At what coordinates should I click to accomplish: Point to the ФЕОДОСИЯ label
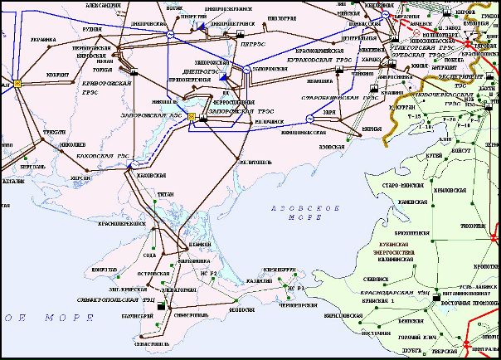(x=241, y=309)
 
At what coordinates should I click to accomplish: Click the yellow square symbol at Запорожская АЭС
(x=192, y=116)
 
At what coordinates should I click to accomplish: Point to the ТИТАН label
(x=165, y=193)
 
